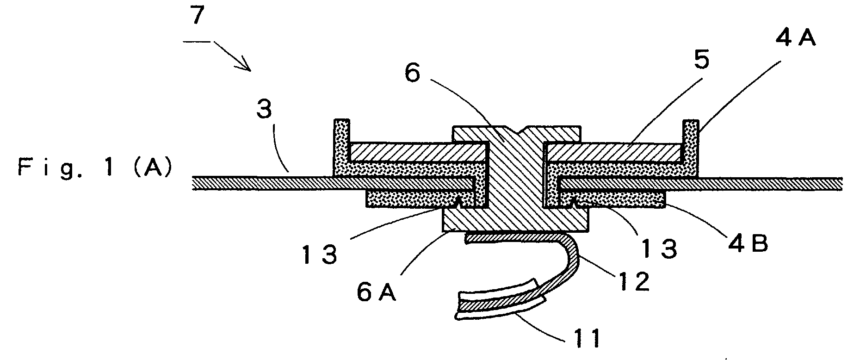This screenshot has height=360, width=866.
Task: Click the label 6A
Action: click(x=377, y=292)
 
